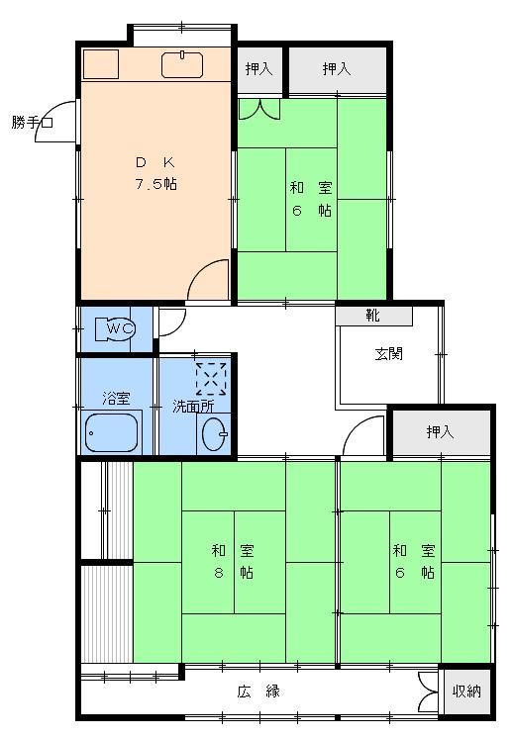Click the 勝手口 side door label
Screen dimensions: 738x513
tap(31, 124)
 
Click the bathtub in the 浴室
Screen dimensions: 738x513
tap(113, 433)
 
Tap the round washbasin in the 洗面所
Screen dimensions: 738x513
tap(213, 433)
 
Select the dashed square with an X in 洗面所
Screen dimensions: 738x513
tap(210, 378)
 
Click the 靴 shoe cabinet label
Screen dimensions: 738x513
tap(372, 317)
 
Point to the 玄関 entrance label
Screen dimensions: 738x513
tap(388, 355)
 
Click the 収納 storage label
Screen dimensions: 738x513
tap(466, 692)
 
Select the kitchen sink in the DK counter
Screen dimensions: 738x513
tap(182, 63)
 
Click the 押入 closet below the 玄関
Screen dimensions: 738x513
tap(440, 432)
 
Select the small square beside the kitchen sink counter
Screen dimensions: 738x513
tap(100, 63)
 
